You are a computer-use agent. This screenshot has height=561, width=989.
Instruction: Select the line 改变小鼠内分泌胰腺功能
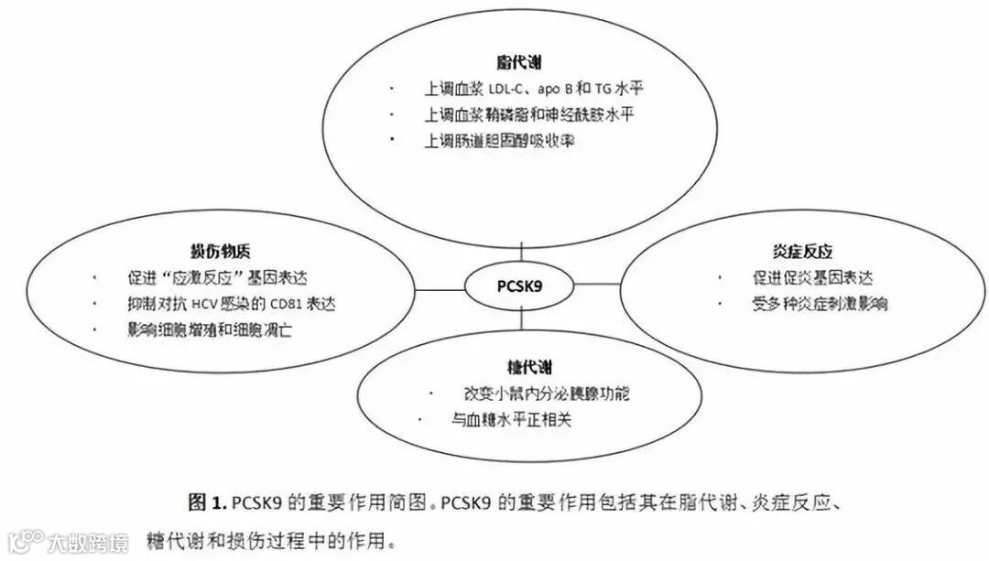pyautogui.click(x=547, y=394)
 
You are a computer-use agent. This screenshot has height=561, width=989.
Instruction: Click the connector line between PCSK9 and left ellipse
pyautogui.click(x=440, y=289)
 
